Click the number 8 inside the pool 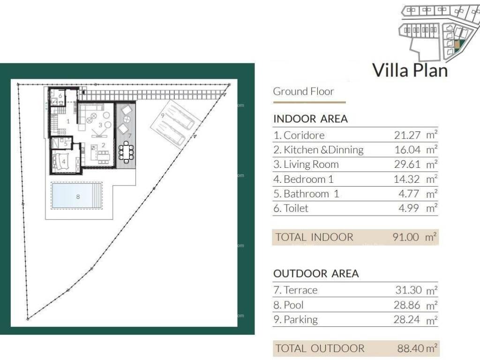(78, 196)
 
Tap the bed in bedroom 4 (60, 161)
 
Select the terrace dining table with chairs (126, 151)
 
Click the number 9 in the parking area (163, 115)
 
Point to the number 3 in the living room (100, 125)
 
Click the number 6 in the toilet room (60, 96)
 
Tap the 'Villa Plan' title (410, 70)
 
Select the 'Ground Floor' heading (303, 91)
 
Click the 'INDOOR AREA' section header (310, 119)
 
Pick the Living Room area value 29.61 (407, 165)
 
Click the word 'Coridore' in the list (304, 135)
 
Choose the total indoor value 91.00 (405, 237)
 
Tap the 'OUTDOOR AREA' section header (316, 273)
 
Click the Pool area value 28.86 (407, 305)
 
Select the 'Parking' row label (300, 320)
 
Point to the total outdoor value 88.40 (411, 348)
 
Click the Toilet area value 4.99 (409, 208)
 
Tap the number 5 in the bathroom (66, 143)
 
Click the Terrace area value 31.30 (408, 290)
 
